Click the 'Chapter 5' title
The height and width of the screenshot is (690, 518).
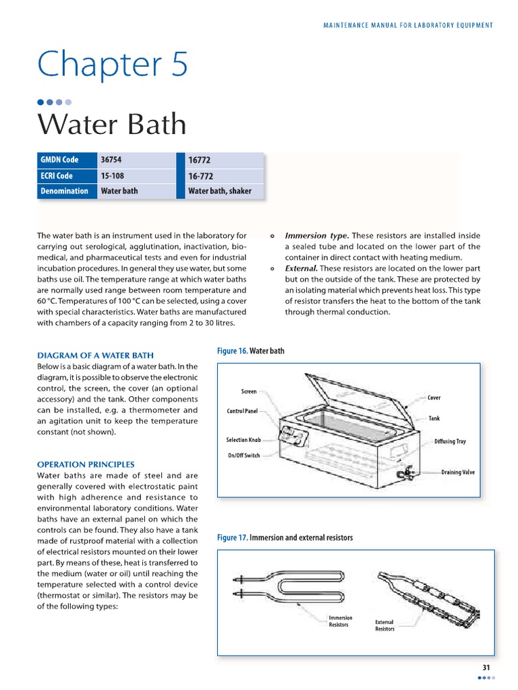click(x=113, y=65)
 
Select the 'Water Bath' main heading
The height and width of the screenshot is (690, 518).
click(x=111, y=125)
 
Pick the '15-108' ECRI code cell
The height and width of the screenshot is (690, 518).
click(x=112, y=176)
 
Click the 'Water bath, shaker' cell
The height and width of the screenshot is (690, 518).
click(x=219, y=191)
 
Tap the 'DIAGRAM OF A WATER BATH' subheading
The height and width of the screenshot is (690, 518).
click(x=95, y=355)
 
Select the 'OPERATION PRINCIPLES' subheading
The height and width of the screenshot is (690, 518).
click(x=86, y=464)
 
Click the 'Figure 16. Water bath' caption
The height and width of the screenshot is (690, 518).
click(x=250, y=351)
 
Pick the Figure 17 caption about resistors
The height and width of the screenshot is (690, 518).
click(x=285, y=538)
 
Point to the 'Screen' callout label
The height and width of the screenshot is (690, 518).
click(x=249, y=391)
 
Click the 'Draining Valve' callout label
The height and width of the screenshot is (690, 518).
click(x=458, y=472)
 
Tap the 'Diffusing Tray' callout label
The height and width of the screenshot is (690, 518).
click(x=450, y=442)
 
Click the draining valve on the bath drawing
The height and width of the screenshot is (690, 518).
click(x=407, y=473)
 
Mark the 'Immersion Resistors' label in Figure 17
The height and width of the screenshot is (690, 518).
click(x=340, y=621)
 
